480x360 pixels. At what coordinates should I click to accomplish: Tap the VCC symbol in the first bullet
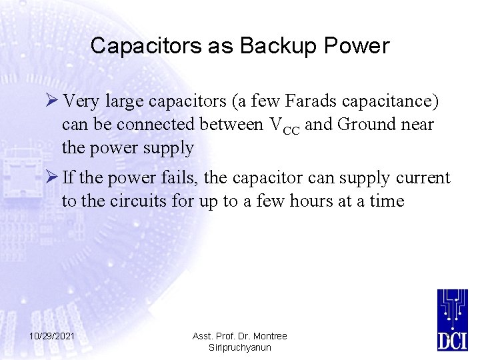click(283, 125)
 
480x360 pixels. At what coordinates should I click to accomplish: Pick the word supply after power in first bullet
click(168, 147)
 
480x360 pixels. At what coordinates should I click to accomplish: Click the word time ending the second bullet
click(386, 201)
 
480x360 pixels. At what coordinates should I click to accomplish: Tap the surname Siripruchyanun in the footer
click(240, 347)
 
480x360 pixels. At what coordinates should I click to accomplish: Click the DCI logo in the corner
click(453, 319)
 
